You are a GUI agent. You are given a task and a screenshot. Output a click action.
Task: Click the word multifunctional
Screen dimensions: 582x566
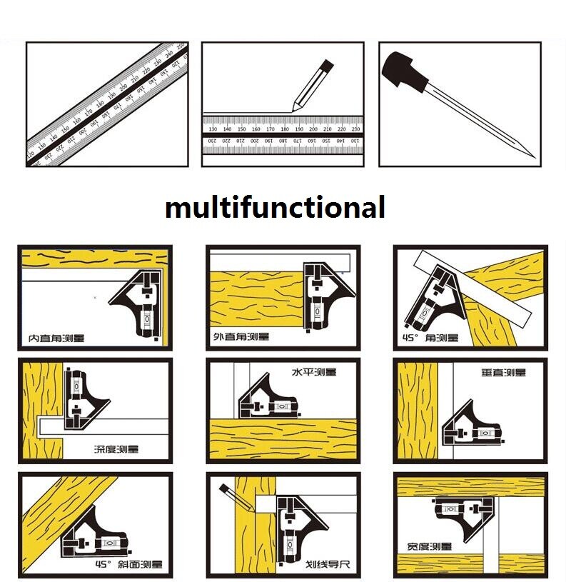coord(275,208)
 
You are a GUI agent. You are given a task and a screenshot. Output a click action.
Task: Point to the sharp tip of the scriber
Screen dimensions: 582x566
coord(532,155)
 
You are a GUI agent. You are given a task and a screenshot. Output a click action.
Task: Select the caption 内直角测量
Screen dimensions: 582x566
coord(56,336)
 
